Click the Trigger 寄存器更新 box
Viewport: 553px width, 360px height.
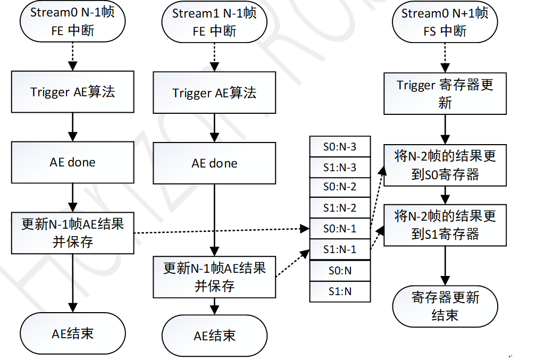pyautogui.click(x=445, y=94)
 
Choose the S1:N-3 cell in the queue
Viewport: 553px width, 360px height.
pyautogui.click(x=340, y=168)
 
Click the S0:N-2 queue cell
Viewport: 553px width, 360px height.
pyautogui.click(x=340, y=187)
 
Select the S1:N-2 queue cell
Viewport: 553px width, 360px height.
pyautogui.click(x=340, y=208)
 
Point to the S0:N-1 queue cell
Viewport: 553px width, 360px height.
pyautogui.click(x=340, y=229)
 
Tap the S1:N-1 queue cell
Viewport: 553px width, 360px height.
pyautogui.click(x=340, y=249)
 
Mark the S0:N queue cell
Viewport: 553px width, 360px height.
pyautogui.click(x=340, y=271)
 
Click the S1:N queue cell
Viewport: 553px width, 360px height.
pyautogui.click(x=340, y=291)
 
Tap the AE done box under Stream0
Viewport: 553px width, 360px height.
pyautogui.click(x=73, y=162)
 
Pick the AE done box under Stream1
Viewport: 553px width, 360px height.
pyautogui.click(x=214, y=163)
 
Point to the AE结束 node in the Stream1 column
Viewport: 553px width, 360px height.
pyautogui.click(x=214, y=336)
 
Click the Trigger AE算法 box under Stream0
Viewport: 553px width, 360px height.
pyautogui.click(x=73, y=92)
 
